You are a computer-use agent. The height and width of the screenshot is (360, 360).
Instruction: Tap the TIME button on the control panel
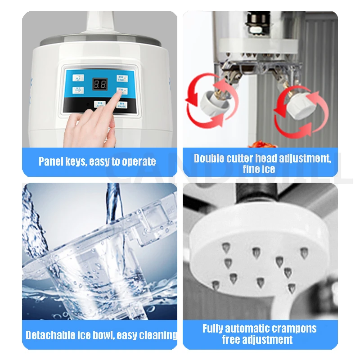pyautogui.click(x=122, y=78)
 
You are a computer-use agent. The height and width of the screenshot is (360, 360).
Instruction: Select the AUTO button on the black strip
pyautogui.click(x=99, y=104)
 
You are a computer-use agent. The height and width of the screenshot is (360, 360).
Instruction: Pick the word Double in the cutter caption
pyautogui.click(x=208, y=158)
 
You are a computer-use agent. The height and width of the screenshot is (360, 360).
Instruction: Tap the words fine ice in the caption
pyautogui.click(x=260, y=169)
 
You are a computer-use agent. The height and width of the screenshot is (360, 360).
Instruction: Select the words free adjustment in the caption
pyautogui.click(x=257, y=340)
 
